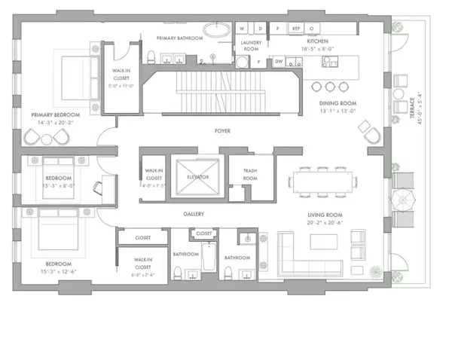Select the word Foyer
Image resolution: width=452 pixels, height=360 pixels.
point(221,130)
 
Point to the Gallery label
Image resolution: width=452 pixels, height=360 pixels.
point(194,214)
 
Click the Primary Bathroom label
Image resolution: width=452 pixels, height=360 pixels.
point(179,37)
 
